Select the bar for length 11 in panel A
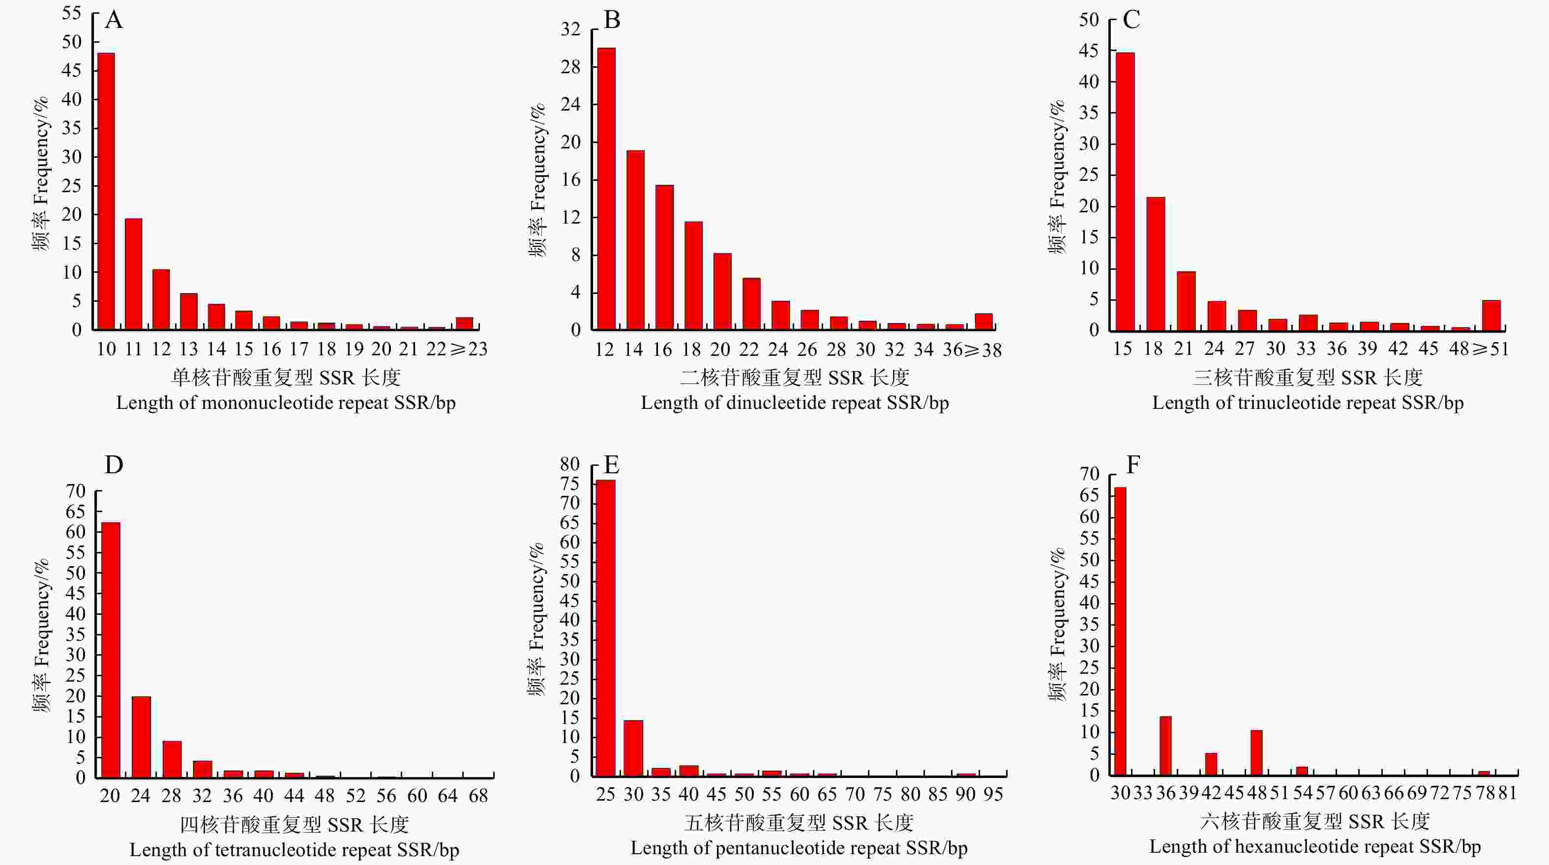pos(133,274)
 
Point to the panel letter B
pos(612,21)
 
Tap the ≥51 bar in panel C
pos(1491,315)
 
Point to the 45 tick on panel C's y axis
pos(1089,51)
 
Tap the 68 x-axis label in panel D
pos(478,796)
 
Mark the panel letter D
pos(114,464)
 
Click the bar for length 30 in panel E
pos(633,748)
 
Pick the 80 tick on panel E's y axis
pos(569,464)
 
